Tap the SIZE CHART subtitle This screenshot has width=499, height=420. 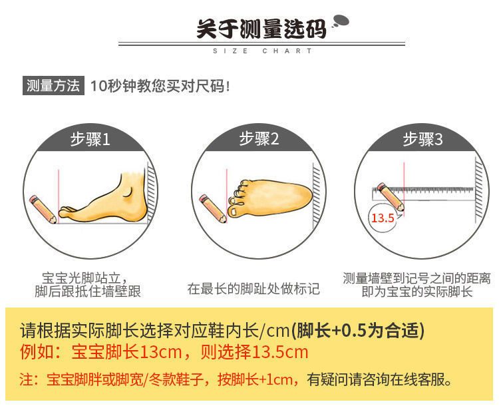261,51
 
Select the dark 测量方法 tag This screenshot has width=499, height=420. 53,86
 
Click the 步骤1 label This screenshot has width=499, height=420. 90,139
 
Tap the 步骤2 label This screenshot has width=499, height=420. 259,139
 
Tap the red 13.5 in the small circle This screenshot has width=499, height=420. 383,218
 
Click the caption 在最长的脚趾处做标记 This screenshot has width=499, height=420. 253,289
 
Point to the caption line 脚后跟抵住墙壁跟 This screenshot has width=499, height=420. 88,292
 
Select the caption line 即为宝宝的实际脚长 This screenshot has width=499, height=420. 416,292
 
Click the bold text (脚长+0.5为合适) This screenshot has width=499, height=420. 360,330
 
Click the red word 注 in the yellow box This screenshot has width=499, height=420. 27,380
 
